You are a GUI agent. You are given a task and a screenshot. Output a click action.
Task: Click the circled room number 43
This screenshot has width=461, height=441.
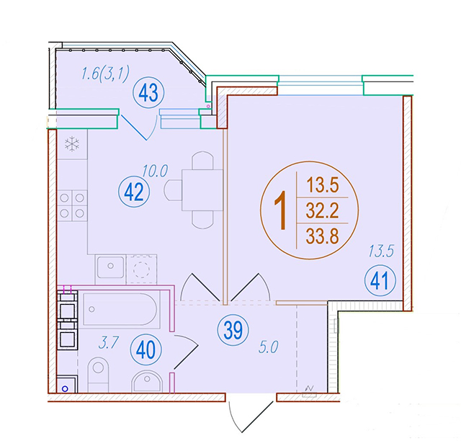pyautogui.click(x=148, y=93)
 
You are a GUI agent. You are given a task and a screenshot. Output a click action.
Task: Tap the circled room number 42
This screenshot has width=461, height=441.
pyautogui.click(x=134, y=192)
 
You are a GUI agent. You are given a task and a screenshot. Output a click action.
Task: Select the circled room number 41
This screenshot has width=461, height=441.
pyautogui.click(x=380, y=280)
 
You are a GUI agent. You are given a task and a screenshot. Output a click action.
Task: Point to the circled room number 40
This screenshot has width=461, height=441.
pyautogui.click(x=146, y=349)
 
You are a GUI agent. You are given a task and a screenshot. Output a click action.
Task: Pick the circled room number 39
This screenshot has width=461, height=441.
pyautogui.click(x=233, y=330)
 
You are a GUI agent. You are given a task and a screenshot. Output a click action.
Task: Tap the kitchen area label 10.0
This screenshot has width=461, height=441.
pyautogui.click(x=155, y=171)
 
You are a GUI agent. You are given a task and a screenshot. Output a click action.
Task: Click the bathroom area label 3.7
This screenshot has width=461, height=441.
pyautogui.click(x=109, y=343)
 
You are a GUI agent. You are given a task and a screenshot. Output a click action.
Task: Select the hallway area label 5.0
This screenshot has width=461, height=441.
pyautogui.click(x=269, y=347)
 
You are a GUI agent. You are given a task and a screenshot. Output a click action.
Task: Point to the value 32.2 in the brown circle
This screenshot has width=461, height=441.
pyautogui.click(x=323, y=210)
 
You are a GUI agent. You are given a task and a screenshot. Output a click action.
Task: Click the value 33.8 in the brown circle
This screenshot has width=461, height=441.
pyautogui.click(x=323, y=236)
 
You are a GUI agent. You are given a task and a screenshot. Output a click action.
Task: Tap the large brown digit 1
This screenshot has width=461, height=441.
pyautogui.click(x=282, y=210)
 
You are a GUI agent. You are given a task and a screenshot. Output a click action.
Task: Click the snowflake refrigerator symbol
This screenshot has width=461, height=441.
pyautogui.click(x=72, y=144)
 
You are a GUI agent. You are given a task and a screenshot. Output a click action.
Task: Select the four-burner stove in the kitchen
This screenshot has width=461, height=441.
pyautogui.click(x=72, y=205)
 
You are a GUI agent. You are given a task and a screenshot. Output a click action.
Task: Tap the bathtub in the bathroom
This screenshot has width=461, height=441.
pyautogui.click(x=120, y=309)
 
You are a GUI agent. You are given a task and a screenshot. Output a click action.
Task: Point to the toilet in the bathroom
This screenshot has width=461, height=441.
pyautogui.click(x=98, y=375)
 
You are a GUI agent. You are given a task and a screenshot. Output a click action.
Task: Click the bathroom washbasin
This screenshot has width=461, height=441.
pyautogui.click(x=147, y=381)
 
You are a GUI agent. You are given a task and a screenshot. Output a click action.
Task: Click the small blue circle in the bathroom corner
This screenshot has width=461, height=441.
pyautogui.click(x=65, y=389)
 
